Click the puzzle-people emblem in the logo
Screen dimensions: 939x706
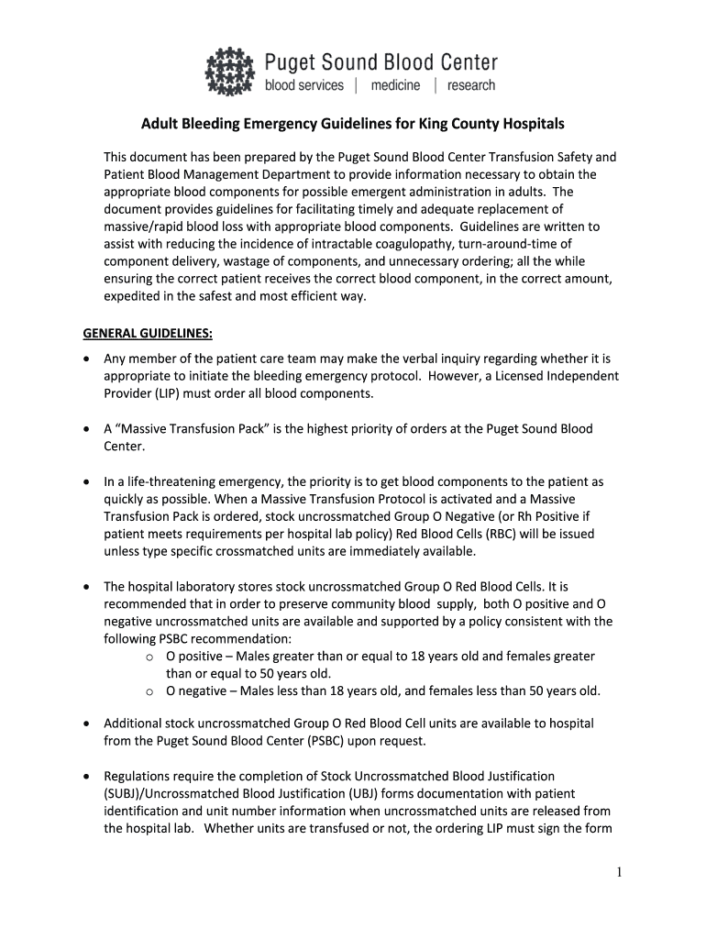231,72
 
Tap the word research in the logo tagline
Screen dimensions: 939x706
470,85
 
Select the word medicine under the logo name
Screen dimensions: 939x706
395,85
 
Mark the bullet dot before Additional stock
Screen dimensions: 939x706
85,724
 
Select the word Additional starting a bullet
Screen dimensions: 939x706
134,724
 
